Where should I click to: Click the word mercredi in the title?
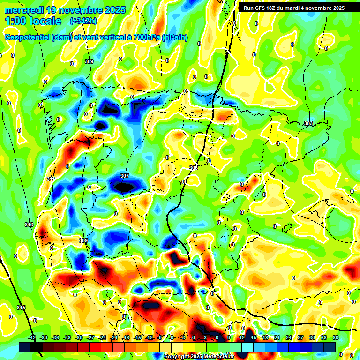coord(22,9)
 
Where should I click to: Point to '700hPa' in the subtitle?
coord(146,37)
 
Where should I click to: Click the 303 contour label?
coord(308,124)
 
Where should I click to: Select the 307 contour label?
coord(124,176)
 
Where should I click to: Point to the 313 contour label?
coord(29,225)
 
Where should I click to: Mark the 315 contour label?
coord(21,307)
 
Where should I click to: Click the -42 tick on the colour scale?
coord(32,338)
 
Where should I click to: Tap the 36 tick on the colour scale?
coord(335,338)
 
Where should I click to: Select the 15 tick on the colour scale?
coord(253,338)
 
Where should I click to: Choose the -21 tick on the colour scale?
coord(114,338)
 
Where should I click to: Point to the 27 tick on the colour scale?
coord(300,338)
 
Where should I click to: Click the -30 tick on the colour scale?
coord(79,338)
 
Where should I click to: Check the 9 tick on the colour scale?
coord(229,338)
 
